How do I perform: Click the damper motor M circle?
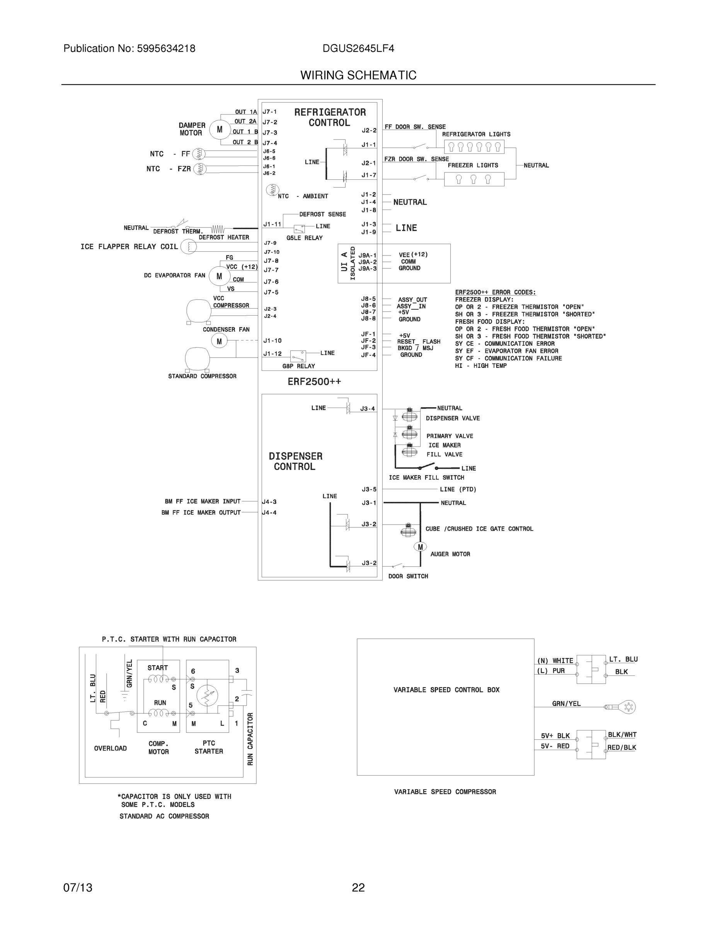click(219, 130)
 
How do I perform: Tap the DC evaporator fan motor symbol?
click(219, 276)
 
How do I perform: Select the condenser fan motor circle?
click(219, 341)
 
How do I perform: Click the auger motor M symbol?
click(420, 547)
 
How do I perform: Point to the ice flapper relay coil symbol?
click(189, 246)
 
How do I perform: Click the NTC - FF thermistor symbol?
click(199, 154)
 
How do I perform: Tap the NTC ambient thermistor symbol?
click(272, 190)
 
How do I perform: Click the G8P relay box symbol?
click(298, 356)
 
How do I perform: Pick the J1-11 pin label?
click(272, 224)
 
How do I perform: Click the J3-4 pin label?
click(368, 409)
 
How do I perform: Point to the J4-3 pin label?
click(269, 502)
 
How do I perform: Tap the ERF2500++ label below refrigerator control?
click(314, 382)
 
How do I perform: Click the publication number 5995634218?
click(166, 48)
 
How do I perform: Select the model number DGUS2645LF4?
click(358, 48)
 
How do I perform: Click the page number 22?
click(358, 888)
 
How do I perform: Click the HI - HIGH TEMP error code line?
click(481, 366)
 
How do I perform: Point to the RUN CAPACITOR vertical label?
click(250, 739)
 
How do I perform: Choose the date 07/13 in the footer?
click(78, 888)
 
